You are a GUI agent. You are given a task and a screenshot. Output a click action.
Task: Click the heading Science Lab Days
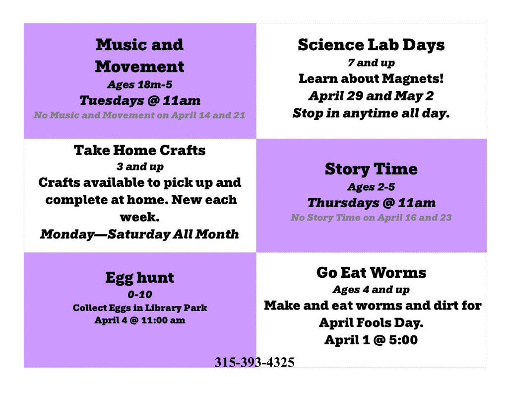tap(371, 45)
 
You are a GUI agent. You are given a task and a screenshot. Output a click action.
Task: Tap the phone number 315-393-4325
tap(254, 362)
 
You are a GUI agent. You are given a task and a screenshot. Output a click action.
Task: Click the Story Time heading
tap(371, 169)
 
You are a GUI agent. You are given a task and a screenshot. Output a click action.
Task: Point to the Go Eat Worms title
tap(371, 273)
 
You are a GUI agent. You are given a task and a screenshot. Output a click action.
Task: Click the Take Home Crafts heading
tap(139, 150)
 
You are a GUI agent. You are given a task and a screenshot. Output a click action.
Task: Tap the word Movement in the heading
tap(139, 67)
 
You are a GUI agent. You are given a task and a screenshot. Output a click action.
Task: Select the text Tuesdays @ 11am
tap(140, 100)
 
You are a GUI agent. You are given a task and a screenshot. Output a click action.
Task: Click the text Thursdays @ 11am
tap(371, 203)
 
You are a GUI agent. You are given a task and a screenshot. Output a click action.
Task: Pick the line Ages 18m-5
tap(140, 84)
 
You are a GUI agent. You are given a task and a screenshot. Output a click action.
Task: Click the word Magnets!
tap(413, 79)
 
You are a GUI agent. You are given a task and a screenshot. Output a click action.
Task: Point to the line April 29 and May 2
tap(371, 96)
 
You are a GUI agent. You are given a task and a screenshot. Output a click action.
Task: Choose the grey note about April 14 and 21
tap(139, 115)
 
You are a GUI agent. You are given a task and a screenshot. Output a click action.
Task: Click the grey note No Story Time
tap(371, 218)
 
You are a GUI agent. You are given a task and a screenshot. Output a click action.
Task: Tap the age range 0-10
tap(140, 294)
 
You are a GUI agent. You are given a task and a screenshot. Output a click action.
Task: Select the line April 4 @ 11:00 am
tap(139, 320)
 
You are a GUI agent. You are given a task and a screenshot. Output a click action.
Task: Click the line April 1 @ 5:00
tap(371, 340)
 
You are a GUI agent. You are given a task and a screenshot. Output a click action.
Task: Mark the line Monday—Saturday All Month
tap(139, 235)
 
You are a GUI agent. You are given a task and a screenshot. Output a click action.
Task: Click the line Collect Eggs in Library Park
tap(139, 308)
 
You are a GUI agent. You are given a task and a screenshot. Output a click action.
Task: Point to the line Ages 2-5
tap(371, 187)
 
